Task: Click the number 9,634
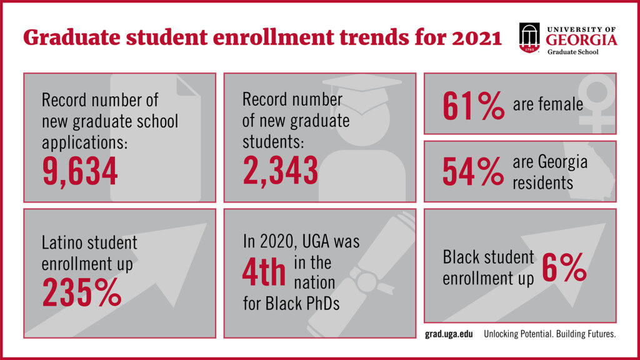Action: coord(80,172)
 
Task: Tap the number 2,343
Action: coord(280,171)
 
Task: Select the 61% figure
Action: coord(473,104)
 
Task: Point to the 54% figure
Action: coord(472,171)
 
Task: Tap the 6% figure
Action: coord(564,267)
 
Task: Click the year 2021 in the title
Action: coord(469,37)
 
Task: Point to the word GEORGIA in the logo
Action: coord(582,41)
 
